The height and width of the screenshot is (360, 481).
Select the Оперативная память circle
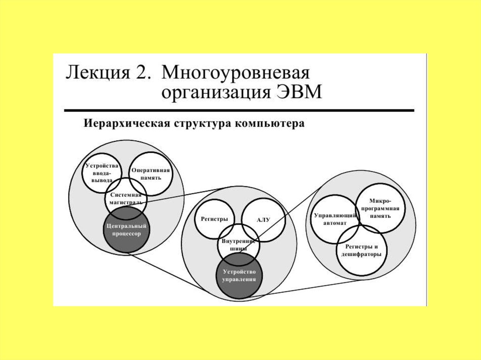[150, 173]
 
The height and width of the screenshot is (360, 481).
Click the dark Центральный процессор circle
[125, 230]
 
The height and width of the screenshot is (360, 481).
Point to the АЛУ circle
[263, 220]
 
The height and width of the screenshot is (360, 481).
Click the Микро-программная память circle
[380, 208]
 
